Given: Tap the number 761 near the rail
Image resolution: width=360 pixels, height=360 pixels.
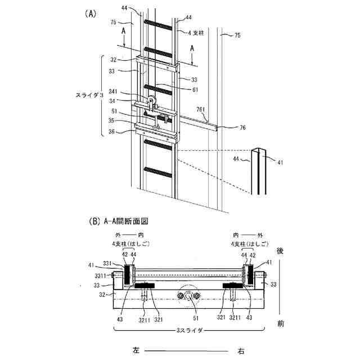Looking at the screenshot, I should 201,109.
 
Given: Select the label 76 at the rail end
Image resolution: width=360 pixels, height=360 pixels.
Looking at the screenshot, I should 242,128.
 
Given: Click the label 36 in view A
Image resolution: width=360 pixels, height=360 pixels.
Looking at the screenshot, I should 128,132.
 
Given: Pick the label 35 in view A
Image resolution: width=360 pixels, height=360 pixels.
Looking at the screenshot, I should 128,121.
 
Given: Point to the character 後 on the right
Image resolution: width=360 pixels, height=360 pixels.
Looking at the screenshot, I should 280,252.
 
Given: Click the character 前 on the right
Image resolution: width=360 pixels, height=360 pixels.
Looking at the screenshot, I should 280,325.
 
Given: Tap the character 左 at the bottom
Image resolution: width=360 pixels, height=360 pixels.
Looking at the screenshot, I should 136,350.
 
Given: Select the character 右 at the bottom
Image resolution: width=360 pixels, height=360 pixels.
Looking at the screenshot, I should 241,350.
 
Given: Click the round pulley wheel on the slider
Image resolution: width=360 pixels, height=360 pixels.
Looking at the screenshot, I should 153,101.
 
